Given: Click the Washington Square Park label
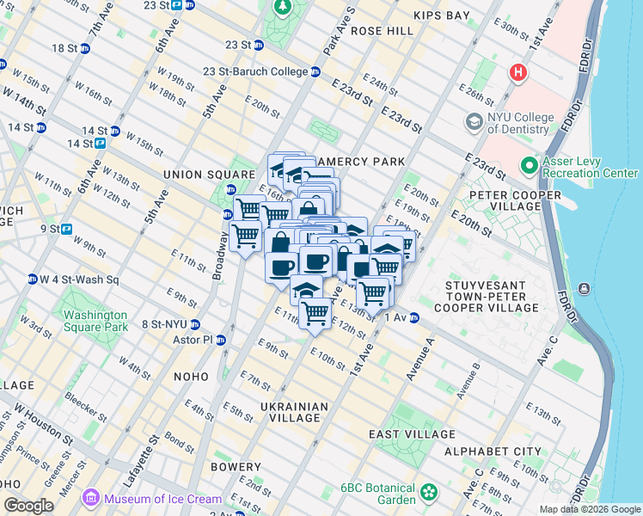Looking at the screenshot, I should pyautogui.click(x=95, y=321).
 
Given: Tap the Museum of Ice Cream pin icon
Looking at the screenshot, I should pyautogui.click(x=90, y=498).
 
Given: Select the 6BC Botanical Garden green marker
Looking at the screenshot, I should pyautogui.click(x=428, y=494).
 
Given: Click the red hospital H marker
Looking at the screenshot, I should pyautogui.click(x=517, y=73).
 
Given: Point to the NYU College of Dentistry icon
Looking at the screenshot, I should pyautogui.click(x=474, y=122).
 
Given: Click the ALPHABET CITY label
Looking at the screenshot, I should pyautogui.click(x=493, y=451).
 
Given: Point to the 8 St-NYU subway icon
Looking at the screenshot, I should pyautogui.click(x=196, y=324).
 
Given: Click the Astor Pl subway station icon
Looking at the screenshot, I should pyautogui.click(x=221, y=340).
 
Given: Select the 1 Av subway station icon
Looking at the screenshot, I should pyautogui.click(x=413, y=318).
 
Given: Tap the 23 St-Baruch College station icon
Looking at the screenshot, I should pyautogui.click(x=316, y=72).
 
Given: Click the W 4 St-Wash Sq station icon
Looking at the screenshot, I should pyautogui.click(x=33, y=279).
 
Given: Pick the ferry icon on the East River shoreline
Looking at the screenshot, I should pyautogui.click(x=585, y=288).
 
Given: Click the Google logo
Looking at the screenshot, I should pyautogui.click(x=28, y=506).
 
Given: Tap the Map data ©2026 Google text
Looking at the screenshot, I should pyautogui.click(x=590, y=509).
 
